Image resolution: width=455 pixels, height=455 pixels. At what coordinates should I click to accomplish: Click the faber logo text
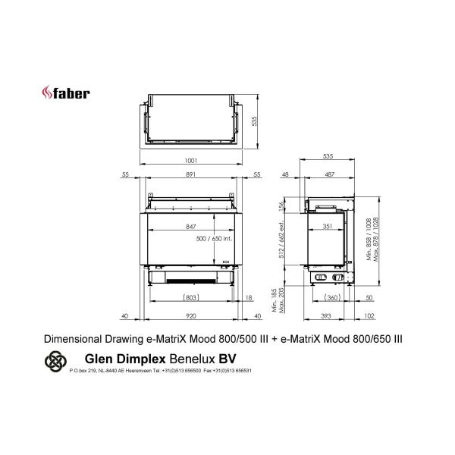pos(71,94)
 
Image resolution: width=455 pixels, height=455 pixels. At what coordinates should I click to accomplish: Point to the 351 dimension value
pos(327,226)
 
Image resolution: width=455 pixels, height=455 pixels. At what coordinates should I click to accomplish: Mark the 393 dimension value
pos(325,316)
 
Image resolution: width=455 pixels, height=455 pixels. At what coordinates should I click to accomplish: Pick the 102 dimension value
pos(369,316)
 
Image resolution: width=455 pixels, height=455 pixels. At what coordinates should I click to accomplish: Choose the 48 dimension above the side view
pos(285,175)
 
